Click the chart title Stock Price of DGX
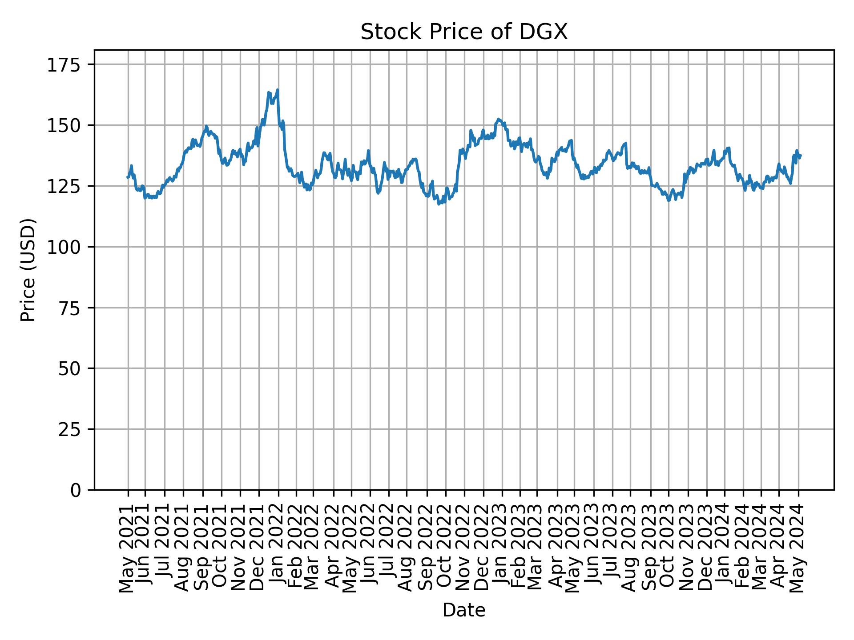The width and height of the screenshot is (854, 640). [x=464, y=32]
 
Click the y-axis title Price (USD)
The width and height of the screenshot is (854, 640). [x=28, y=270]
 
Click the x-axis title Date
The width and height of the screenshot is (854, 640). [x=464, y=610]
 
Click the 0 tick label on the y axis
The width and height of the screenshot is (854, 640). [x=76, y=490]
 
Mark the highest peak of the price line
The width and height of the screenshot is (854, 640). [x=278, y=90]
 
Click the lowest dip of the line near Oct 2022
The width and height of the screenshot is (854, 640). [x=439, y=204]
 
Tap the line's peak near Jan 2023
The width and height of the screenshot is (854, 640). [x=499, y=119]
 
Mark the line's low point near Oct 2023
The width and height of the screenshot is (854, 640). [x=669, y=200]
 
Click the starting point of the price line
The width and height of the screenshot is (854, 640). [x=128, y=177]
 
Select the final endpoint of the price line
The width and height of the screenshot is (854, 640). [x=801, y=155]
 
